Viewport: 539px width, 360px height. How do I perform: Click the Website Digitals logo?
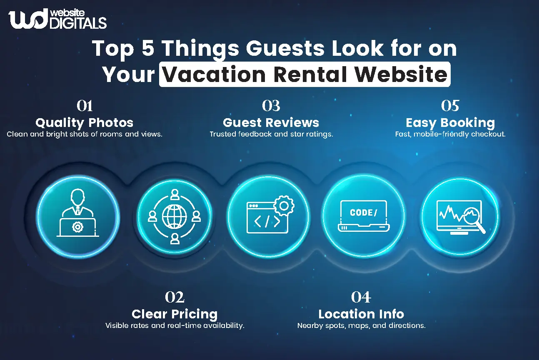(57, 19)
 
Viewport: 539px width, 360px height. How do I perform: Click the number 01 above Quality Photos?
(85, 106)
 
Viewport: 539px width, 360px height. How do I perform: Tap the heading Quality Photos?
(84, 123)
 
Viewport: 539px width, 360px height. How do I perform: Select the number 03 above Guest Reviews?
(271, 106)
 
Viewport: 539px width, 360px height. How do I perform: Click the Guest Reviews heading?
(271, 123)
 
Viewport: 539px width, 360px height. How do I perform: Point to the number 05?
(450, 106)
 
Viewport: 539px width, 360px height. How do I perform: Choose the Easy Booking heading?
(450, 123)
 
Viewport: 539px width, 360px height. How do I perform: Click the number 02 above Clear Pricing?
(175, 297)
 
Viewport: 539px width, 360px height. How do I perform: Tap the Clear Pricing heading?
(175, 314)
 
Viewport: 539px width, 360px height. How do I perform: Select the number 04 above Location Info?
(361, 297)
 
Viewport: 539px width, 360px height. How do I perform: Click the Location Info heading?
(361, 314)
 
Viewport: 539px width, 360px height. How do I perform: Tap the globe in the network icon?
(175, 216)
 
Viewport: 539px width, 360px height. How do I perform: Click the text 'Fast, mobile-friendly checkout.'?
(450, 134)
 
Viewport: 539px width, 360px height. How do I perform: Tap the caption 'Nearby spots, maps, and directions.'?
(361, 325)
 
